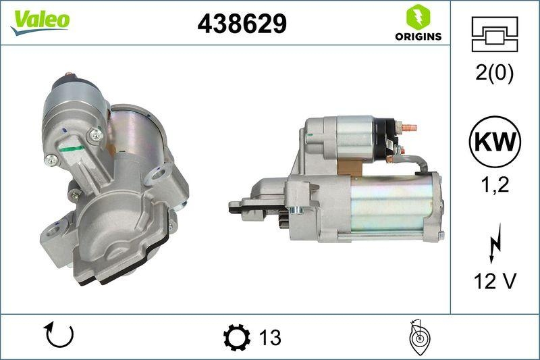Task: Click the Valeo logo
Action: (x=38, y=20)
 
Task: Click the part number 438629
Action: (x=242, y=24)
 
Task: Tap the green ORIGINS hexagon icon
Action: (x=418, y=17)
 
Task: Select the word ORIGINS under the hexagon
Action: (x=418, y=36)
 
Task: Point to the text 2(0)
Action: (x=495, y=73)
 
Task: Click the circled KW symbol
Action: (x=495, y=142)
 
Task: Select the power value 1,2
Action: (x=495, y=185)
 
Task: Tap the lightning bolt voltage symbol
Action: (x=495, y=244)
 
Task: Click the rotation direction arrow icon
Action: (x=59, y=335)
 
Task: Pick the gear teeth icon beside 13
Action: (x=236, y=336)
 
